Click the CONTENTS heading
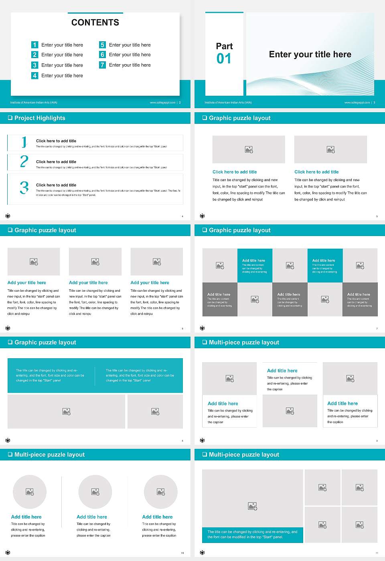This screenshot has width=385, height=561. point(95,22)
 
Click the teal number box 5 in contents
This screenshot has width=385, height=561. point(102,45)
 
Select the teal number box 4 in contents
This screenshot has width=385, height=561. point(34,75)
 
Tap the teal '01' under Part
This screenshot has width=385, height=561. point(224,59)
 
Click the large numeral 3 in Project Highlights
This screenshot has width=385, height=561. point(24,188)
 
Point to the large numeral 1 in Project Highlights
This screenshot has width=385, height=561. point(24,142)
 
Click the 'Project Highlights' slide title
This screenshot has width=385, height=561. point(40,118)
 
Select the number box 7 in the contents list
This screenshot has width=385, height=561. point(102,65)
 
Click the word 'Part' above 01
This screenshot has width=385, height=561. point(224,46)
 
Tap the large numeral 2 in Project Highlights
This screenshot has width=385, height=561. point(24,161)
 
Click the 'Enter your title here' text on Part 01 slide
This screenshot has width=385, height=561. point(310,54)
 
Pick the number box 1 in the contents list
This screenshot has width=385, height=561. point(34,45)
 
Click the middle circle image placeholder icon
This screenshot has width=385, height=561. point(95,492)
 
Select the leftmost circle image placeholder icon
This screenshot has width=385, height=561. point(30,492)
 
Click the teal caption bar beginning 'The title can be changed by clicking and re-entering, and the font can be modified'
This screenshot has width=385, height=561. point(252,535)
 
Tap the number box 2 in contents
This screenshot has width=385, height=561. point(34,55)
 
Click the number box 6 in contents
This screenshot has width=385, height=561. point(102,55)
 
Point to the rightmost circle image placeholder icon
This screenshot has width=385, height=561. point(160,492)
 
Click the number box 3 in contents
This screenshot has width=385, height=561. point(34,65)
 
